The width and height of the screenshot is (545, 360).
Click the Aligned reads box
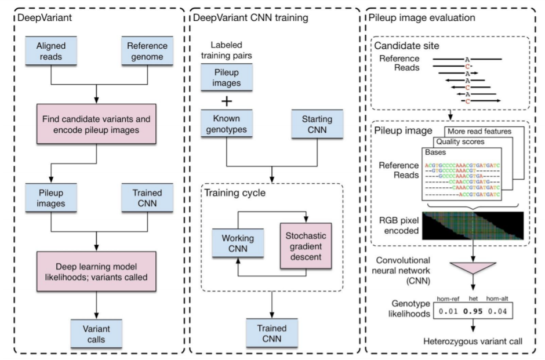click(x=51, y=51)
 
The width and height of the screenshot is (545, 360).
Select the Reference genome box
click(x=147, y=51)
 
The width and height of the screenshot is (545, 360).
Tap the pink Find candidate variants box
click(x=96, y=124)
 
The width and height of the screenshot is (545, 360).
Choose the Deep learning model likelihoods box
click(x=96, y=271)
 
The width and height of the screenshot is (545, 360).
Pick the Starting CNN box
click(x=317, y=124)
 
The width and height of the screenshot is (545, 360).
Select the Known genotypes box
click(x=227, y=123)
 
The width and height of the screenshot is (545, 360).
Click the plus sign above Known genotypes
click(x=227, y=101)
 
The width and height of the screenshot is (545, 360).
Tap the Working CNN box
click(x=238, y=243)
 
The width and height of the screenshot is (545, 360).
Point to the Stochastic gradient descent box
click(x=306, y=246)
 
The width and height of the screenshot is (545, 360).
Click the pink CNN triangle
click(x=473, y=268)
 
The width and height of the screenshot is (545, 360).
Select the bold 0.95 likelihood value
click(x=473, y=311)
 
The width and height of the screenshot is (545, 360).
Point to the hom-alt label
click(x=497, y=299)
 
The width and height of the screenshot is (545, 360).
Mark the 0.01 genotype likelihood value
click(x=448, y=311)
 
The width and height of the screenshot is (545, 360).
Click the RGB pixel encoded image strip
click(x=473, y=226)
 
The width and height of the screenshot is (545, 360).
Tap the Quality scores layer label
click(x=460, y=142)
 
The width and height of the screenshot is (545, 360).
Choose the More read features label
click(x=479, y=132)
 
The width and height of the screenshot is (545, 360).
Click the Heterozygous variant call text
click(x=473, y=341)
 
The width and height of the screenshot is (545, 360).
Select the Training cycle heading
click(x=235, y=193)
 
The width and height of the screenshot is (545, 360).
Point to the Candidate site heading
click(x=406, y=46)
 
